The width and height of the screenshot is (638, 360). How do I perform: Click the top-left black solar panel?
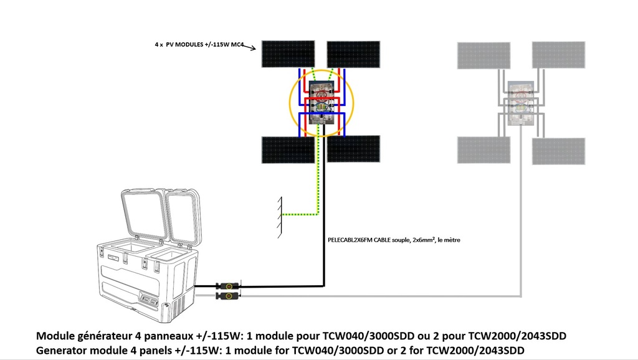[x=288, y=54]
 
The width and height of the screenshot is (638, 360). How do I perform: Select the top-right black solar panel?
[x=353, y=54]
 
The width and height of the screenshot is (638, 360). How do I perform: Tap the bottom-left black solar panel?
[x=288, y=149]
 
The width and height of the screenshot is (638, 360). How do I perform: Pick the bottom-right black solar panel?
[x=353, y=149]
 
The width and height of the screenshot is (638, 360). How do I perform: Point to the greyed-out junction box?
[x=520, y=103]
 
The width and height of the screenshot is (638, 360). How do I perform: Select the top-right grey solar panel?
[x=558, y=55]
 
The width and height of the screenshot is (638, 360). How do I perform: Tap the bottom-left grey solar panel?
[x=484, y=150]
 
